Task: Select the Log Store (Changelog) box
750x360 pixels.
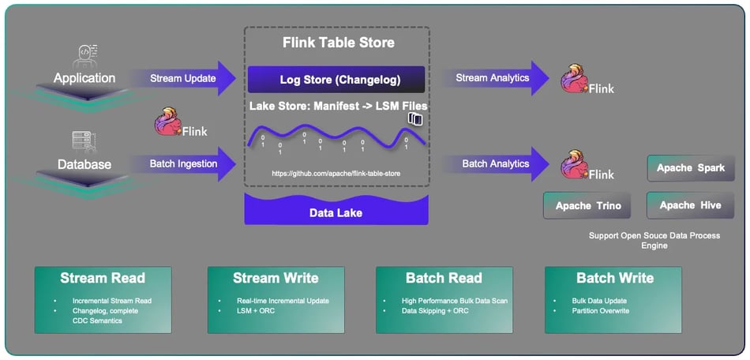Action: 336,80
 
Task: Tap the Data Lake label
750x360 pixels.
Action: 336,213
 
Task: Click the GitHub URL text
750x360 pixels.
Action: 336,172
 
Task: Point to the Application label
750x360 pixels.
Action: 84,78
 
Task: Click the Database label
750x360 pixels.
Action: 84,164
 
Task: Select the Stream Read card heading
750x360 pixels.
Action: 103,278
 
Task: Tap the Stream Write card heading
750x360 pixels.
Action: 276,278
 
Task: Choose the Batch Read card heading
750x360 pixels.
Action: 444,278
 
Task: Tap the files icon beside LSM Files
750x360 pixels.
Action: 415,119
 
